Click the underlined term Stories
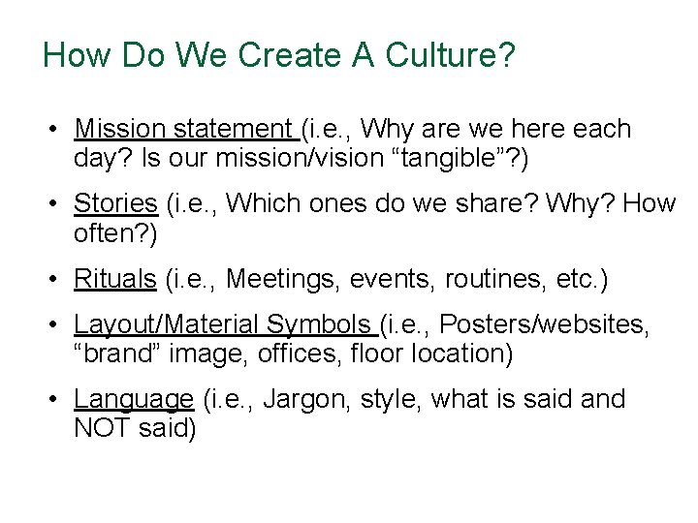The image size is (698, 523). [115, 203]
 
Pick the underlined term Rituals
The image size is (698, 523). [114, 279]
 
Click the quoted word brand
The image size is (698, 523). [117, 354]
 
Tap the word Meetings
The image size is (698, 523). [281, 279]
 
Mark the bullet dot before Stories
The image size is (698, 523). [59, 204]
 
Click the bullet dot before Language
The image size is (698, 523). [59, 400]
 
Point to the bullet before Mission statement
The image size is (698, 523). [59, 130]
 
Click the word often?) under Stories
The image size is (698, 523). [115, 233]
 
